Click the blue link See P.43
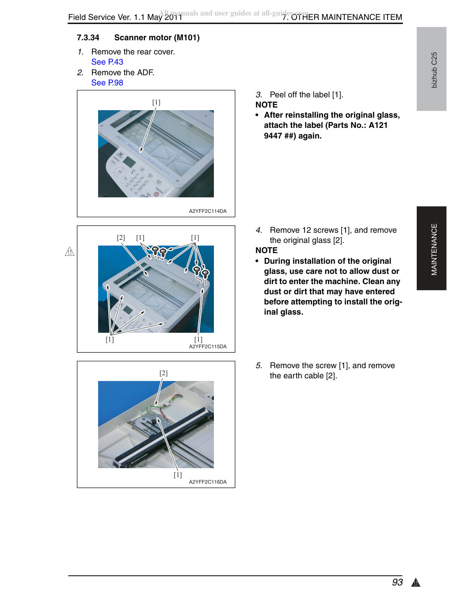click(x=107, y=62)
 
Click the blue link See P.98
click(x=107, y=83)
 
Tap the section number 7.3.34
click(x=88, y=38)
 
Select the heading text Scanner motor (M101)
click(x=157, y=38)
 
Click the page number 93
click(x=397, y=582)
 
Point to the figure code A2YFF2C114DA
click(x=208, y=211)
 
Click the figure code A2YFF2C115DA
click(x=208, y=346)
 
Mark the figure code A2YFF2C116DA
click(x=208, y=482)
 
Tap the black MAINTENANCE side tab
click(x=431, y=248)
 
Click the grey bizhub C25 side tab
click(x=431, y=69)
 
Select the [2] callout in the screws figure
click(x=121, y=238)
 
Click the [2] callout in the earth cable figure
click(x=164, y=373)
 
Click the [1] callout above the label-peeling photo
click(x=156, y=102)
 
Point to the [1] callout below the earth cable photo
click(x=178, y=474)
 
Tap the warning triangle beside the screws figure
click(x=69, y=251)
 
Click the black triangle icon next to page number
click(x=416, y=582)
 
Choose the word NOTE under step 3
click(x=266, y=104)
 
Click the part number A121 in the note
click(x=378, y=125)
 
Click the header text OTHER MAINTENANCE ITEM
click(x=346, y=17)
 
